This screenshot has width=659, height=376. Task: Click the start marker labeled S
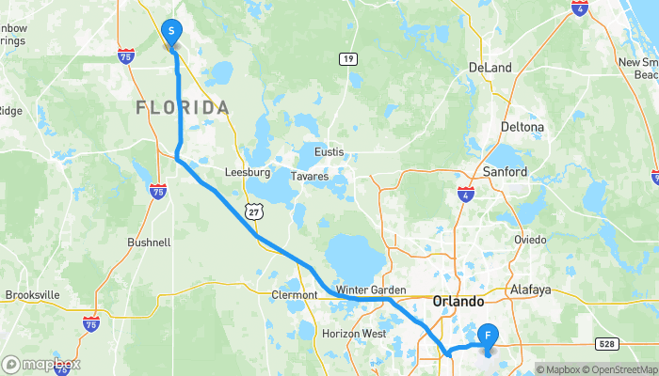click(x=171, y=33)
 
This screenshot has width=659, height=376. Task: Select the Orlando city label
click(x=458, y=302)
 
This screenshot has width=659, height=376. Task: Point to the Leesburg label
click(x=248, y=173)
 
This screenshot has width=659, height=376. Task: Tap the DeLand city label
click(x=490, y=68)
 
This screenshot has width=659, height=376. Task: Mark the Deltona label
click(x=522, y=127)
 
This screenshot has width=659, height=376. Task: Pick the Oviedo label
click(x=530, y=240)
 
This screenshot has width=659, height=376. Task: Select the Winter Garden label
click(x=370, y=290)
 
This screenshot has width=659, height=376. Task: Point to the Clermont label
click(x=294, y=295)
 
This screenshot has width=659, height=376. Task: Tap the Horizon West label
click(x=354, y=334)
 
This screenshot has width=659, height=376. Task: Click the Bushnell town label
click(x=149, y=242)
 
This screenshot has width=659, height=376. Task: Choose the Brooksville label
click(x=32, y=294)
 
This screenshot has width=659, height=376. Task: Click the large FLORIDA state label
click(x=183, y=107)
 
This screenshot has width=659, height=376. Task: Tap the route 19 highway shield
click(x=348, y=59)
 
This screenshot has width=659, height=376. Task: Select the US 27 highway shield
click(x=253, y=212)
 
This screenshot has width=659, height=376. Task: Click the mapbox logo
click(x=41, y=364)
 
